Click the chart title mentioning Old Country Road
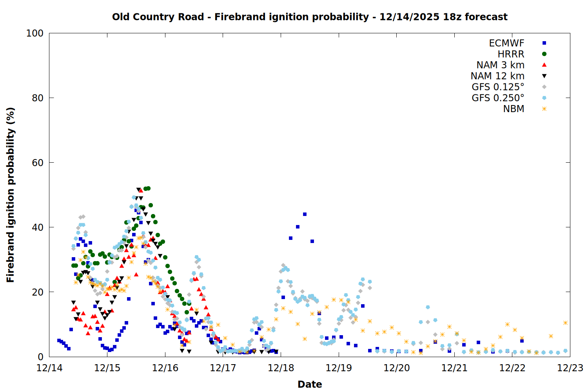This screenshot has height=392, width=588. tap(310, 17)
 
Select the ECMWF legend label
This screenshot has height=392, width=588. tap(506, 43)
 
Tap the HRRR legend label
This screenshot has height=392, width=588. tap(511, 54)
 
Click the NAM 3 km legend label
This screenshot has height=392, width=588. tap(500, 65)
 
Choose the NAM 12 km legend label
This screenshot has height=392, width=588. tap(497, 76)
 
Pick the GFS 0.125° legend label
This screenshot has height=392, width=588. tap(498, 87)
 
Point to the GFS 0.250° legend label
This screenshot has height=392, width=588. tap(498, 98)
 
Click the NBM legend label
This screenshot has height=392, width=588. tap(514, 109)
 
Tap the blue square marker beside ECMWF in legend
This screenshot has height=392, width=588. tap(544, 43)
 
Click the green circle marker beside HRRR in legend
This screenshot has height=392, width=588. tap(544, 54)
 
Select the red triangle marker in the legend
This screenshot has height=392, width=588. tap(544, 65)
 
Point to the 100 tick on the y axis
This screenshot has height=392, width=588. tap(35, 33)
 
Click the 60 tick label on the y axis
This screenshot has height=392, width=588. tap(37, 163)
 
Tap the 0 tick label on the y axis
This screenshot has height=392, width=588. tap(40, 357)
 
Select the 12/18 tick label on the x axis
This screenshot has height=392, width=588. tap(281, 368)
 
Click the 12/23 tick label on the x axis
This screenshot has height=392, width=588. tap(570, 368)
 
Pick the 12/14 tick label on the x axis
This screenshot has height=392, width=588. tap(49, 368)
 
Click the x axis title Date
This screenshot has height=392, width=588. tap(310, 384)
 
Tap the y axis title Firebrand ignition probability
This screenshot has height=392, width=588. tap(11, 195)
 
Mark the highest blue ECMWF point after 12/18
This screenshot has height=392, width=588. tap(305, 214)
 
